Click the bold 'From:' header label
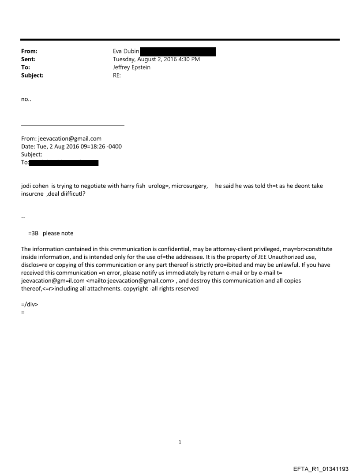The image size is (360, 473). point(29,52)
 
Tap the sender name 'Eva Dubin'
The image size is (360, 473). point(126,52)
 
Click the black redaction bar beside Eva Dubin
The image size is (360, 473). point(178,52)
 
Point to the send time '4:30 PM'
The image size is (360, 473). point(188,60)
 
